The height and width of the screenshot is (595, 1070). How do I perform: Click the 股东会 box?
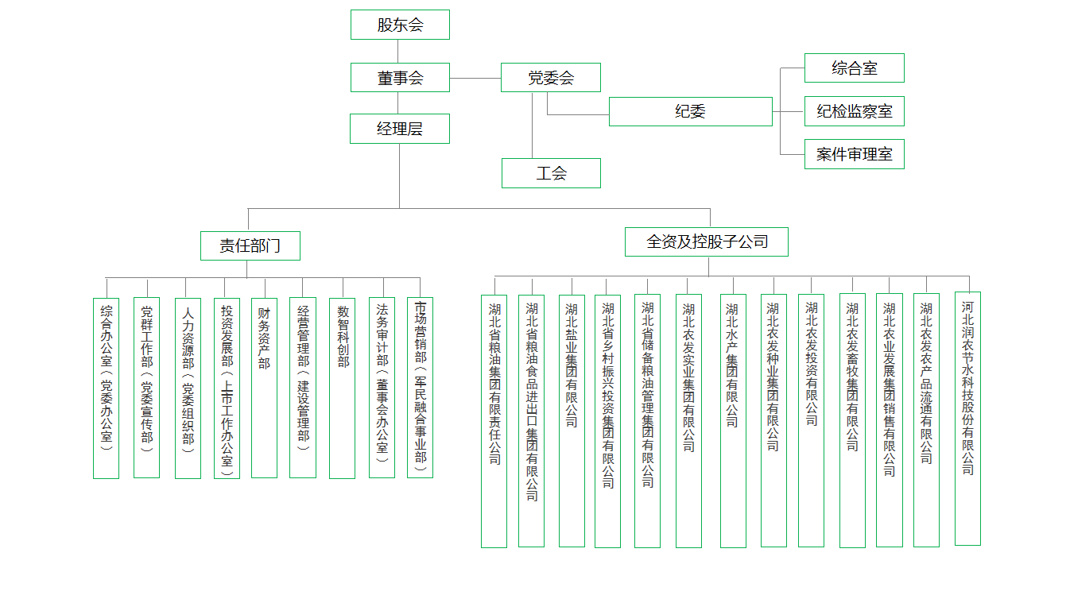coord(400,25)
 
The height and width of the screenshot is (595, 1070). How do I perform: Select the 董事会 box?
coord(400,77)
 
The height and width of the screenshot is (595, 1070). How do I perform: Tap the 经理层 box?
coord(399,129)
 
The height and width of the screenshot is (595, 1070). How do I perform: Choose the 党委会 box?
coord(550,77)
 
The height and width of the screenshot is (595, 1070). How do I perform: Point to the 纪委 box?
coord(690,112)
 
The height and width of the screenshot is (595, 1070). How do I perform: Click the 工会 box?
coord(551,173)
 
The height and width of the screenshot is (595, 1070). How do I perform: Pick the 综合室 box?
coord(854,68)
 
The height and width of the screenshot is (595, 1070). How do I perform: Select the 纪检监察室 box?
coord(854,111)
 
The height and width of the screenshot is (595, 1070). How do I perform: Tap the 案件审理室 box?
coord(854,154)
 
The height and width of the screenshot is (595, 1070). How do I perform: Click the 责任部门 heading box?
coord(250,245)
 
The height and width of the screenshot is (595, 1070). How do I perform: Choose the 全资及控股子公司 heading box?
coord(707,241)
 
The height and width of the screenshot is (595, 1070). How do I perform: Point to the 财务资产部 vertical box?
coord(264,388)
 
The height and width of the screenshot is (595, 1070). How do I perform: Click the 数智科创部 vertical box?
coord(342,388)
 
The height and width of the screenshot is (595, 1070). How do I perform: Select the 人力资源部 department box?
coord(188,388)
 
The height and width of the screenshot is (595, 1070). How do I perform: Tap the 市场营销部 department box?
coord(420,388)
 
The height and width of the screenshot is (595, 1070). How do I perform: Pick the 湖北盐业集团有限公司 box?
coord(572,421)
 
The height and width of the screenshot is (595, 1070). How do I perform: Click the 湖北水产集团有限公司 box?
coord(733,421)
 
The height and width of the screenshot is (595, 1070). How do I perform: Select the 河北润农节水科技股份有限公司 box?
coord(967,419)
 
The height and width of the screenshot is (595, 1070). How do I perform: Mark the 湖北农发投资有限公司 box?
coord(811,420)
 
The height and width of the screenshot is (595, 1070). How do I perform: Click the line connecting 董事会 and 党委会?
coord(475,78)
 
